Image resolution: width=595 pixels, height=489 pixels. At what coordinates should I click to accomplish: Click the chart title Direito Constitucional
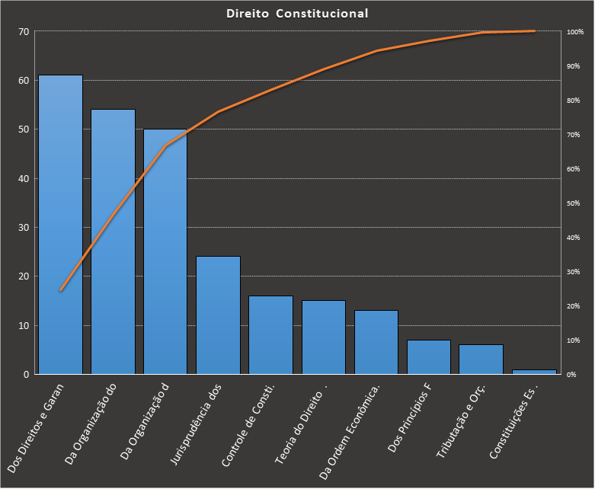(297, 14)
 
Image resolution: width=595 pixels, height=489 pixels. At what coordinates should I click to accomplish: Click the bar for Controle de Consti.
(270, 335)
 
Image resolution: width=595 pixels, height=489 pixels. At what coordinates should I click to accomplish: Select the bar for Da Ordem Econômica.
(376, 342)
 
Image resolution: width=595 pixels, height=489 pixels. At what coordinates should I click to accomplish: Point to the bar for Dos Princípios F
(428, 357)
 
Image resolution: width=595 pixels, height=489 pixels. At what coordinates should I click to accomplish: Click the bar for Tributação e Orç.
(481, 360)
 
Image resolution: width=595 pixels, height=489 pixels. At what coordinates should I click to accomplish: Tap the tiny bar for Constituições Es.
(533, 372)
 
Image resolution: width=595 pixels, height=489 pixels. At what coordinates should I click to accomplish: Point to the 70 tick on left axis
(23, 32)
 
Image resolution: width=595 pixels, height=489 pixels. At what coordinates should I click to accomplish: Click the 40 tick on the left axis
(23, 179)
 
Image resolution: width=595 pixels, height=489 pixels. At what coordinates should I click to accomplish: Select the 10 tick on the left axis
(23, 326)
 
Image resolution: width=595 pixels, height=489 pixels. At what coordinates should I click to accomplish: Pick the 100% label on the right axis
(575, 32)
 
